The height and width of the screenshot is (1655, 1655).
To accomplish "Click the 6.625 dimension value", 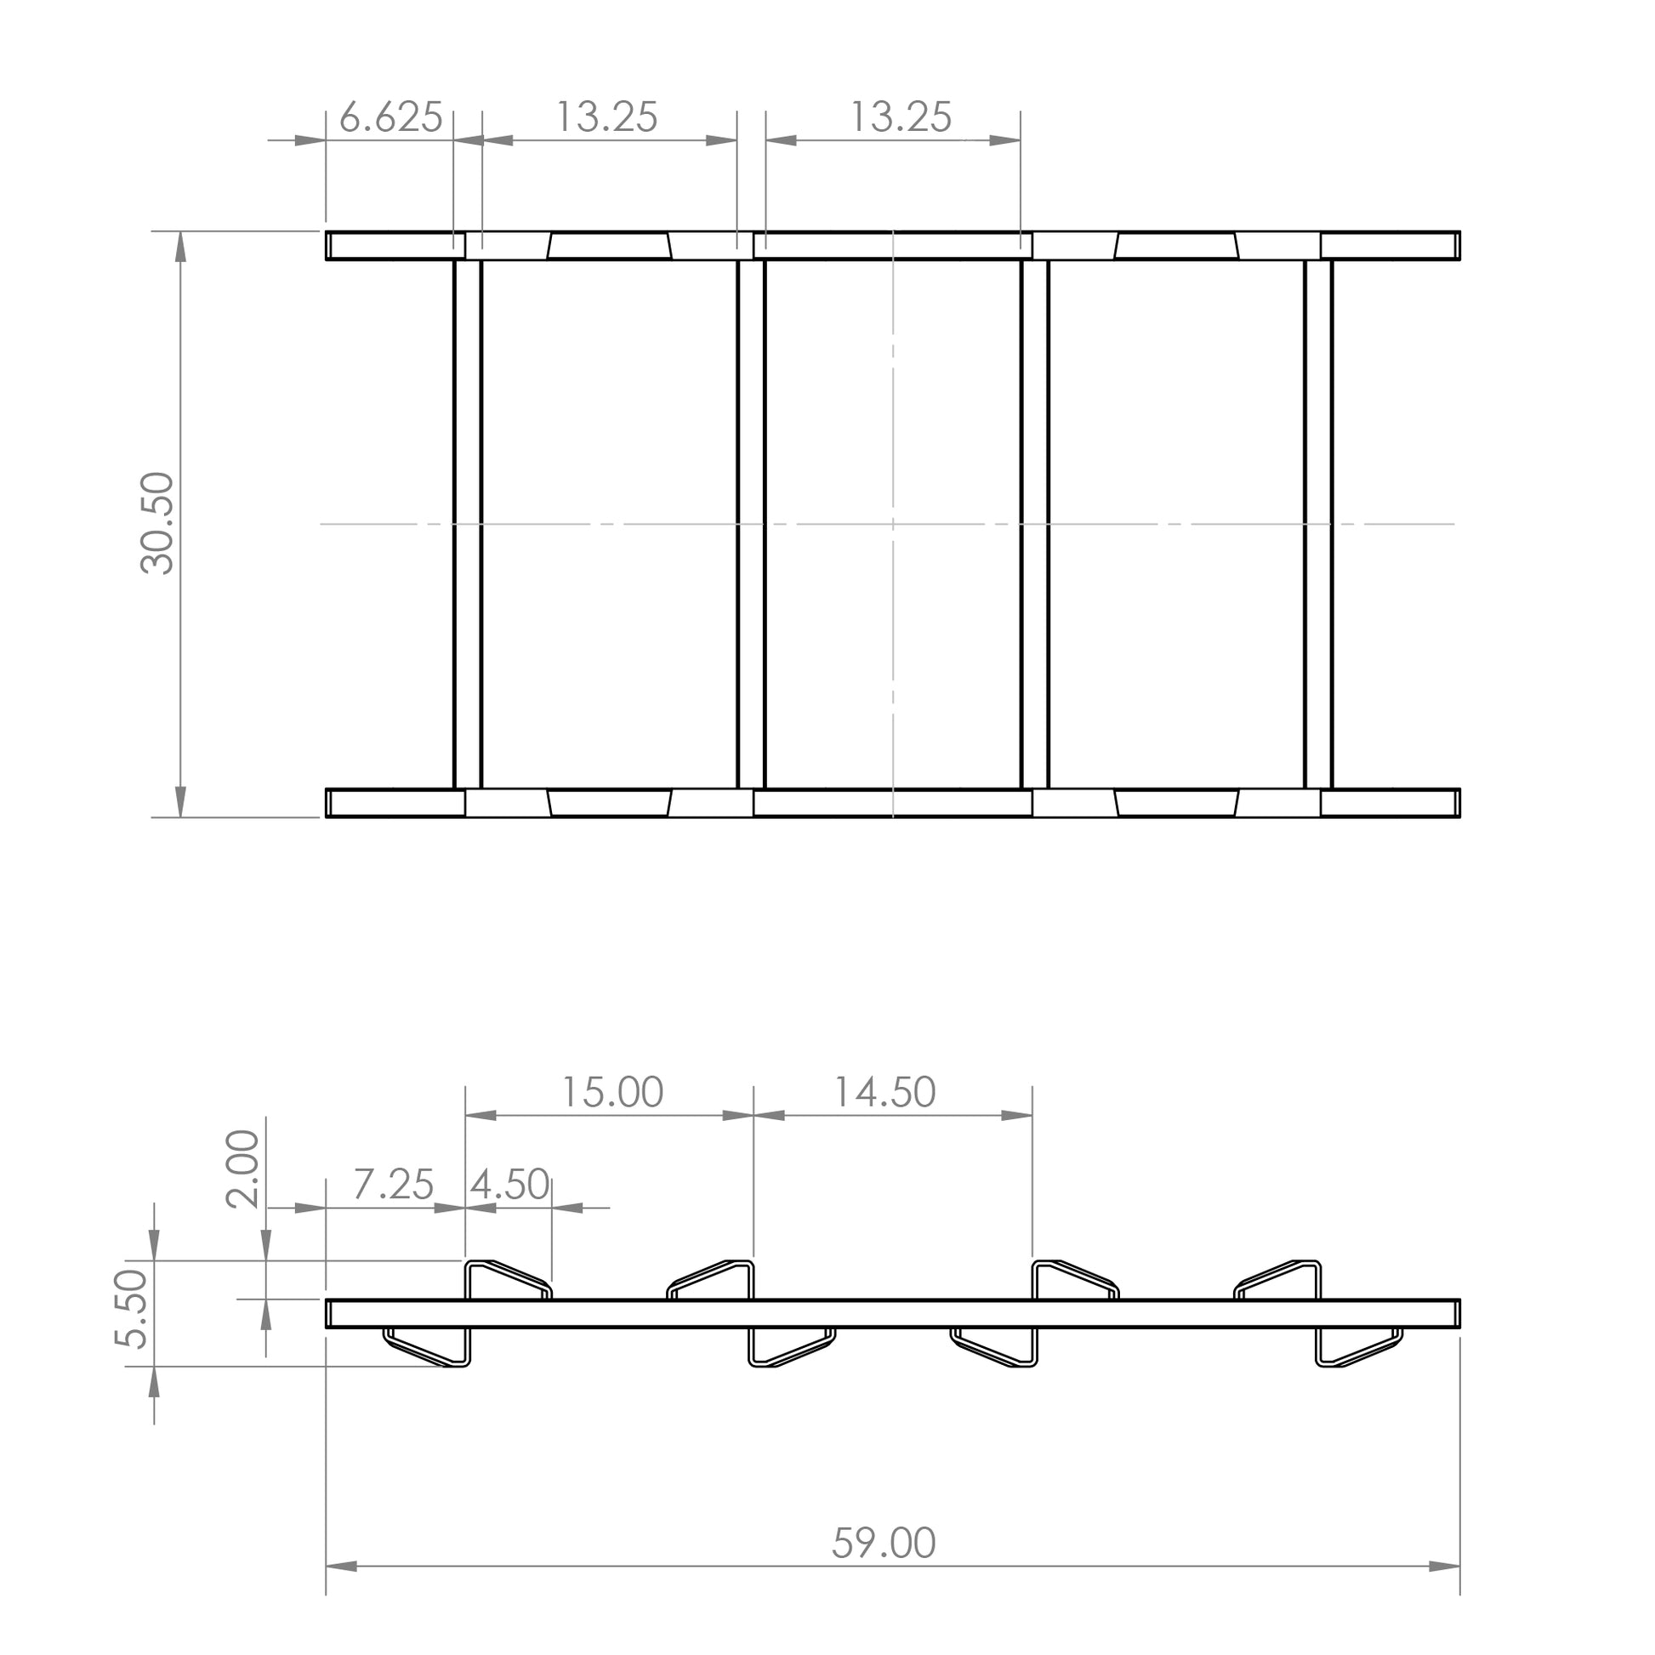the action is [390, 117].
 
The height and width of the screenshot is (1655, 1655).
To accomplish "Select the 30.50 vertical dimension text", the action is [157, 522].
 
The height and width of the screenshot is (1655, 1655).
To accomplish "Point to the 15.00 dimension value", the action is [611, 1092].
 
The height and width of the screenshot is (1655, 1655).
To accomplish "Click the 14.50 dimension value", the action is [884, 1092].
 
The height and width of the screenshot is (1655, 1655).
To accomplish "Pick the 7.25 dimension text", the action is [393, 1185].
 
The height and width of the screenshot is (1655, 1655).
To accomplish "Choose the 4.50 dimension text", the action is [509, 1185].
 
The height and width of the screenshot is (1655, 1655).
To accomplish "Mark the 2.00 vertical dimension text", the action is [242, 1168].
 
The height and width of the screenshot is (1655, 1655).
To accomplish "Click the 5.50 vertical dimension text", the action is [133, 1310].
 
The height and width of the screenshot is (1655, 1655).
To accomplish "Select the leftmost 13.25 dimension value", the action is [607, 117].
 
